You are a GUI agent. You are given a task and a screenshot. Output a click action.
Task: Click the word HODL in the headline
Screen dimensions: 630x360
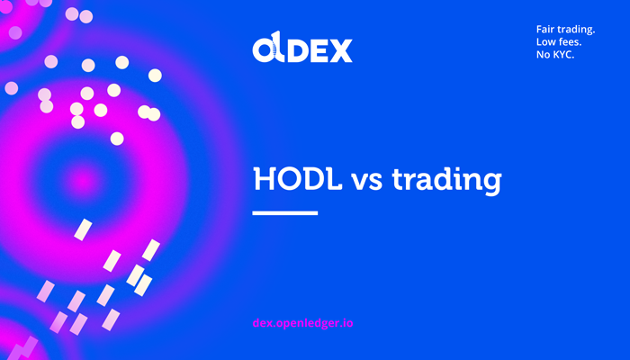[x=298, y=179]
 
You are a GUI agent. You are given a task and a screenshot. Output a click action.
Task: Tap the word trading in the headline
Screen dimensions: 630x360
[x=446, y=181]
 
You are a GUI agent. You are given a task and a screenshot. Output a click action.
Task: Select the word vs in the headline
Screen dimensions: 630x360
[x=367, y=182]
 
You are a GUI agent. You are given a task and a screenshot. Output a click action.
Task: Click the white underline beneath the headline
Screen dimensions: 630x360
[x=285, y=213]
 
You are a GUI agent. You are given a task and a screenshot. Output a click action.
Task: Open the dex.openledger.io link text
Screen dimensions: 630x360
[x=303, y=323]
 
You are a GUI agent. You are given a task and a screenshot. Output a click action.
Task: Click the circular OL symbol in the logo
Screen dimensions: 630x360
[x=269, y=49]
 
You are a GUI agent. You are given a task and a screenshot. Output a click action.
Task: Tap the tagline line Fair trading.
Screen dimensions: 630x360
[x=565, y=30]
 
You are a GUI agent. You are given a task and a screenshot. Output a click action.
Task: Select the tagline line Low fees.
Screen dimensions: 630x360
[x=559, y=41]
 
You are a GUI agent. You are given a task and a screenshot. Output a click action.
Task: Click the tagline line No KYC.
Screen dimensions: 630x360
[x=555, y=55]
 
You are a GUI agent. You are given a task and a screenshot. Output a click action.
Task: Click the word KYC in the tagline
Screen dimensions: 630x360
[x=563, y=55]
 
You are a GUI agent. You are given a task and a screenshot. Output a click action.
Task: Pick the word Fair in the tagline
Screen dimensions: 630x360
[x=544, y=30]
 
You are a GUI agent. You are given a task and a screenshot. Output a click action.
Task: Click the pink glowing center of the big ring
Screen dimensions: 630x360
[x=84, y=183]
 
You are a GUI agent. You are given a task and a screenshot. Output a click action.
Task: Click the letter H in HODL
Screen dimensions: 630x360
[x=265, y=179]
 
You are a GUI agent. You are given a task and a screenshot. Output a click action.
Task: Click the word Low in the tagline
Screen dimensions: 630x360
[x=544, y=41]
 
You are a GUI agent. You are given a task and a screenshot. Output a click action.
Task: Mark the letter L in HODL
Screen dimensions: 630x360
[x=333, y=179]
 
